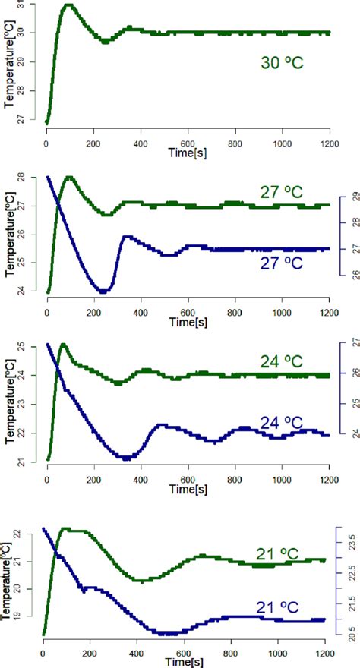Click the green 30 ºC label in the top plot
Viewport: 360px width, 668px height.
click(278, 62)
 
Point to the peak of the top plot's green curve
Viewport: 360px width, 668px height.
click(69, 5)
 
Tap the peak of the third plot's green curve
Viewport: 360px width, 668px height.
click(63, 345)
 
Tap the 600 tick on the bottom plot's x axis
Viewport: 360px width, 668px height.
click(184, 653)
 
